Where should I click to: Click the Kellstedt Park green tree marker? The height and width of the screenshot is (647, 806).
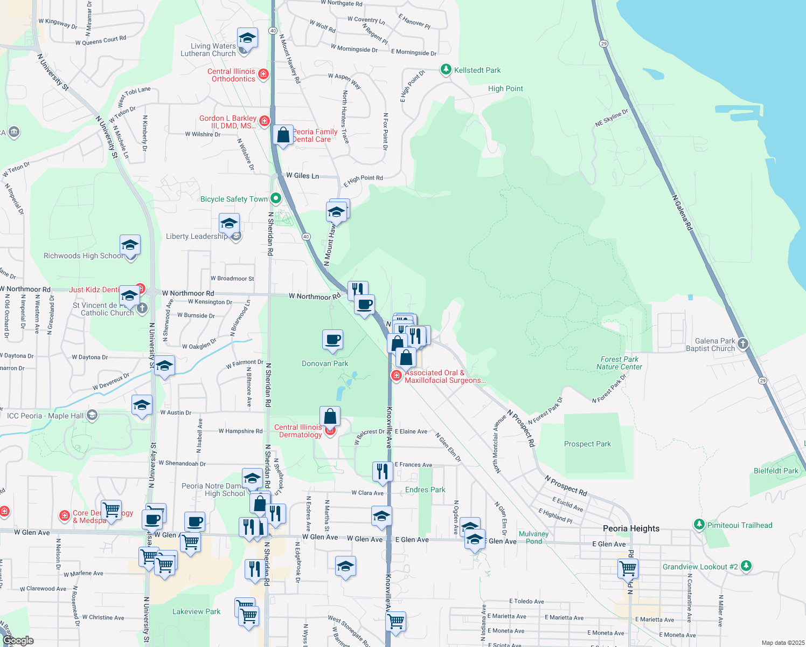click(446, 70)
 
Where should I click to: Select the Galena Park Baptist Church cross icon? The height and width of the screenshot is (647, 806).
click(742, 343)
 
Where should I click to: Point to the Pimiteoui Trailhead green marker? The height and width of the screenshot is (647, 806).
click(699, 525)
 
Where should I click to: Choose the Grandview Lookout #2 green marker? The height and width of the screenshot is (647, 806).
click(746, 566)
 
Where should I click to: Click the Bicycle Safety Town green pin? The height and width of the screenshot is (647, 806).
click(276, 198)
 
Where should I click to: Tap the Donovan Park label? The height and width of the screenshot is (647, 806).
click(325, 363)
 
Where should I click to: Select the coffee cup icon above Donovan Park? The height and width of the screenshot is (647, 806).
click(332, 340)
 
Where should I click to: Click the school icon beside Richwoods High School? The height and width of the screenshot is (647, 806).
click(130, 246)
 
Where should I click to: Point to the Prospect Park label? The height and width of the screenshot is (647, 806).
click(587, 444)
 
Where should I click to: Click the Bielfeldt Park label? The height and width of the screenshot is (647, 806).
click(776, 471)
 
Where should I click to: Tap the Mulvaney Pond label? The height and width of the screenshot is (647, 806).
click(533, 538)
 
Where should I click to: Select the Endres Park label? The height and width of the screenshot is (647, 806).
click(425, 490)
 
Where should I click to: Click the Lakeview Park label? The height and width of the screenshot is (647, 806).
click(196, 611)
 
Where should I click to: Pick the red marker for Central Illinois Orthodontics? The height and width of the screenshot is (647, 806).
click(263, 74)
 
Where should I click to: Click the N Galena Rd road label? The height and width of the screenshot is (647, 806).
click(682, 212)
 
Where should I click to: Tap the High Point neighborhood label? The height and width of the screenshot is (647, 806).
click(505, 88)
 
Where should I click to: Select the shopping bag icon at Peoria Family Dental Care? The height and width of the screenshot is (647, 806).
click(283, 135)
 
